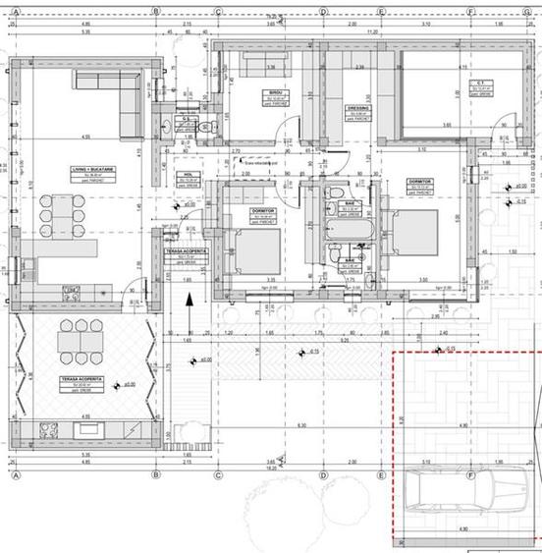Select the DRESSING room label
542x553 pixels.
click(x=357, y=109)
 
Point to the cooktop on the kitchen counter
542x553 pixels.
click(x=72, y=292)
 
